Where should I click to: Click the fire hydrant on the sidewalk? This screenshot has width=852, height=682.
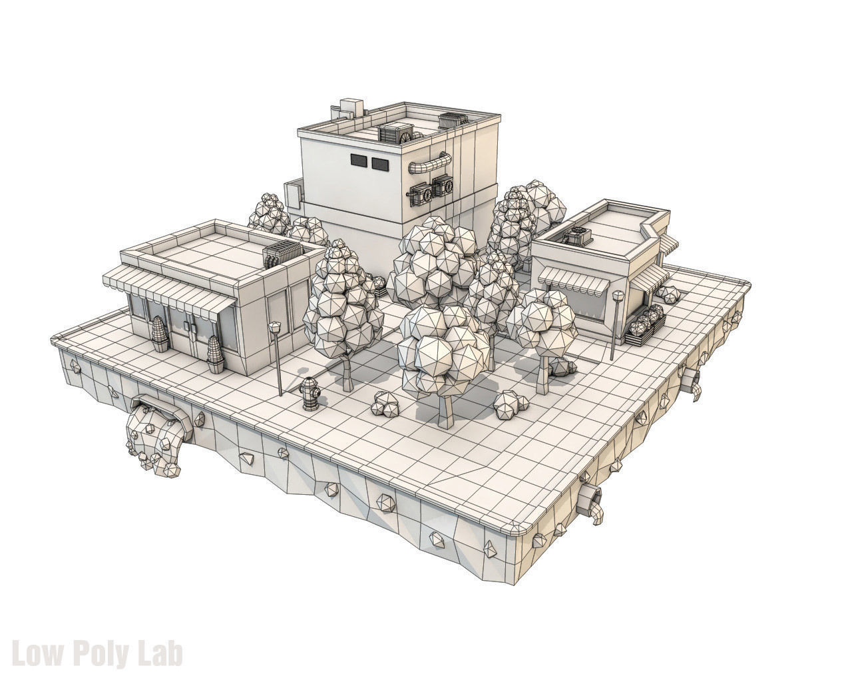tap(310, 394)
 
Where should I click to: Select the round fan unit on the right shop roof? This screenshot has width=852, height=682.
tap(576, 235)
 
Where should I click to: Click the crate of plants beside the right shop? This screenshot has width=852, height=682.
tap(645, 326)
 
